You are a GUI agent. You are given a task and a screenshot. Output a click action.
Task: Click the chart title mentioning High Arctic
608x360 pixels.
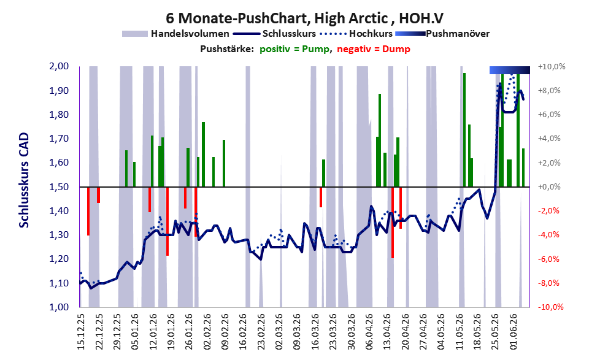coord(304,18)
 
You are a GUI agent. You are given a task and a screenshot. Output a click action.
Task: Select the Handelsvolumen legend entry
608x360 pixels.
coord(175,34)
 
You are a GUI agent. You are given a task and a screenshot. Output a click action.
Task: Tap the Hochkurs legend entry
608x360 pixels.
coord(356,34)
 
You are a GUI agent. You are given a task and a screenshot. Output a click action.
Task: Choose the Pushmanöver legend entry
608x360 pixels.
coord(442,34)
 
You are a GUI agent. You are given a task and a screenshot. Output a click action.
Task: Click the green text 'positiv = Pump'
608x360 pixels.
coord(295,49)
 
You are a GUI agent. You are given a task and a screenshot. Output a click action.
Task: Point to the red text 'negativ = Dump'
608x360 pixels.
coord(374,49)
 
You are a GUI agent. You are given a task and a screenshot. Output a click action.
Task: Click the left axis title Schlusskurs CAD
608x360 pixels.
coord(24,180)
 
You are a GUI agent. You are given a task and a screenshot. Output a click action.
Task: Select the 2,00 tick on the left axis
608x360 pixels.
coord(59,66)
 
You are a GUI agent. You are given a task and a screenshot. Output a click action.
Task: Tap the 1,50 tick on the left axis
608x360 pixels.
coord(59,187)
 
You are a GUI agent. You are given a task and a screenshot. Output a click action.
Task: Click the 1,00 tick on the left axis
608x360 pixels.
coord(59,307)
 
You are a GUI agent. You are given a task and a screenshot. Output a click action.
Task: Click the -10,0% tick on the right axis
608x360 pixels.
coord(551,307)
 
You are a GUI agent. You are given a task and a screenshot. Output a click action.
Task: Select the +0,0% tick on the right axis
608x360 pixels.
coord(550,187)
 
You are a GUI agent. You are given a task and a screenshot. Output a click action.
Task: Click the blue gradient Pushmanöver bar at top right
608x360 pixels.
coord(509,70)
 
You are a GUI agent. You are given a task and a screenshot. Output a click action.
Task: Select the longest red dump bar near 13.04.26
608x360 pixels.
coord(393,223)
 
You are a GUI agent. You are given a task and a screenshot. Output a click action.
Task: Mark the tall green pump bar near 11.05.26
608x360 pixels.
coord(464,130)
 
